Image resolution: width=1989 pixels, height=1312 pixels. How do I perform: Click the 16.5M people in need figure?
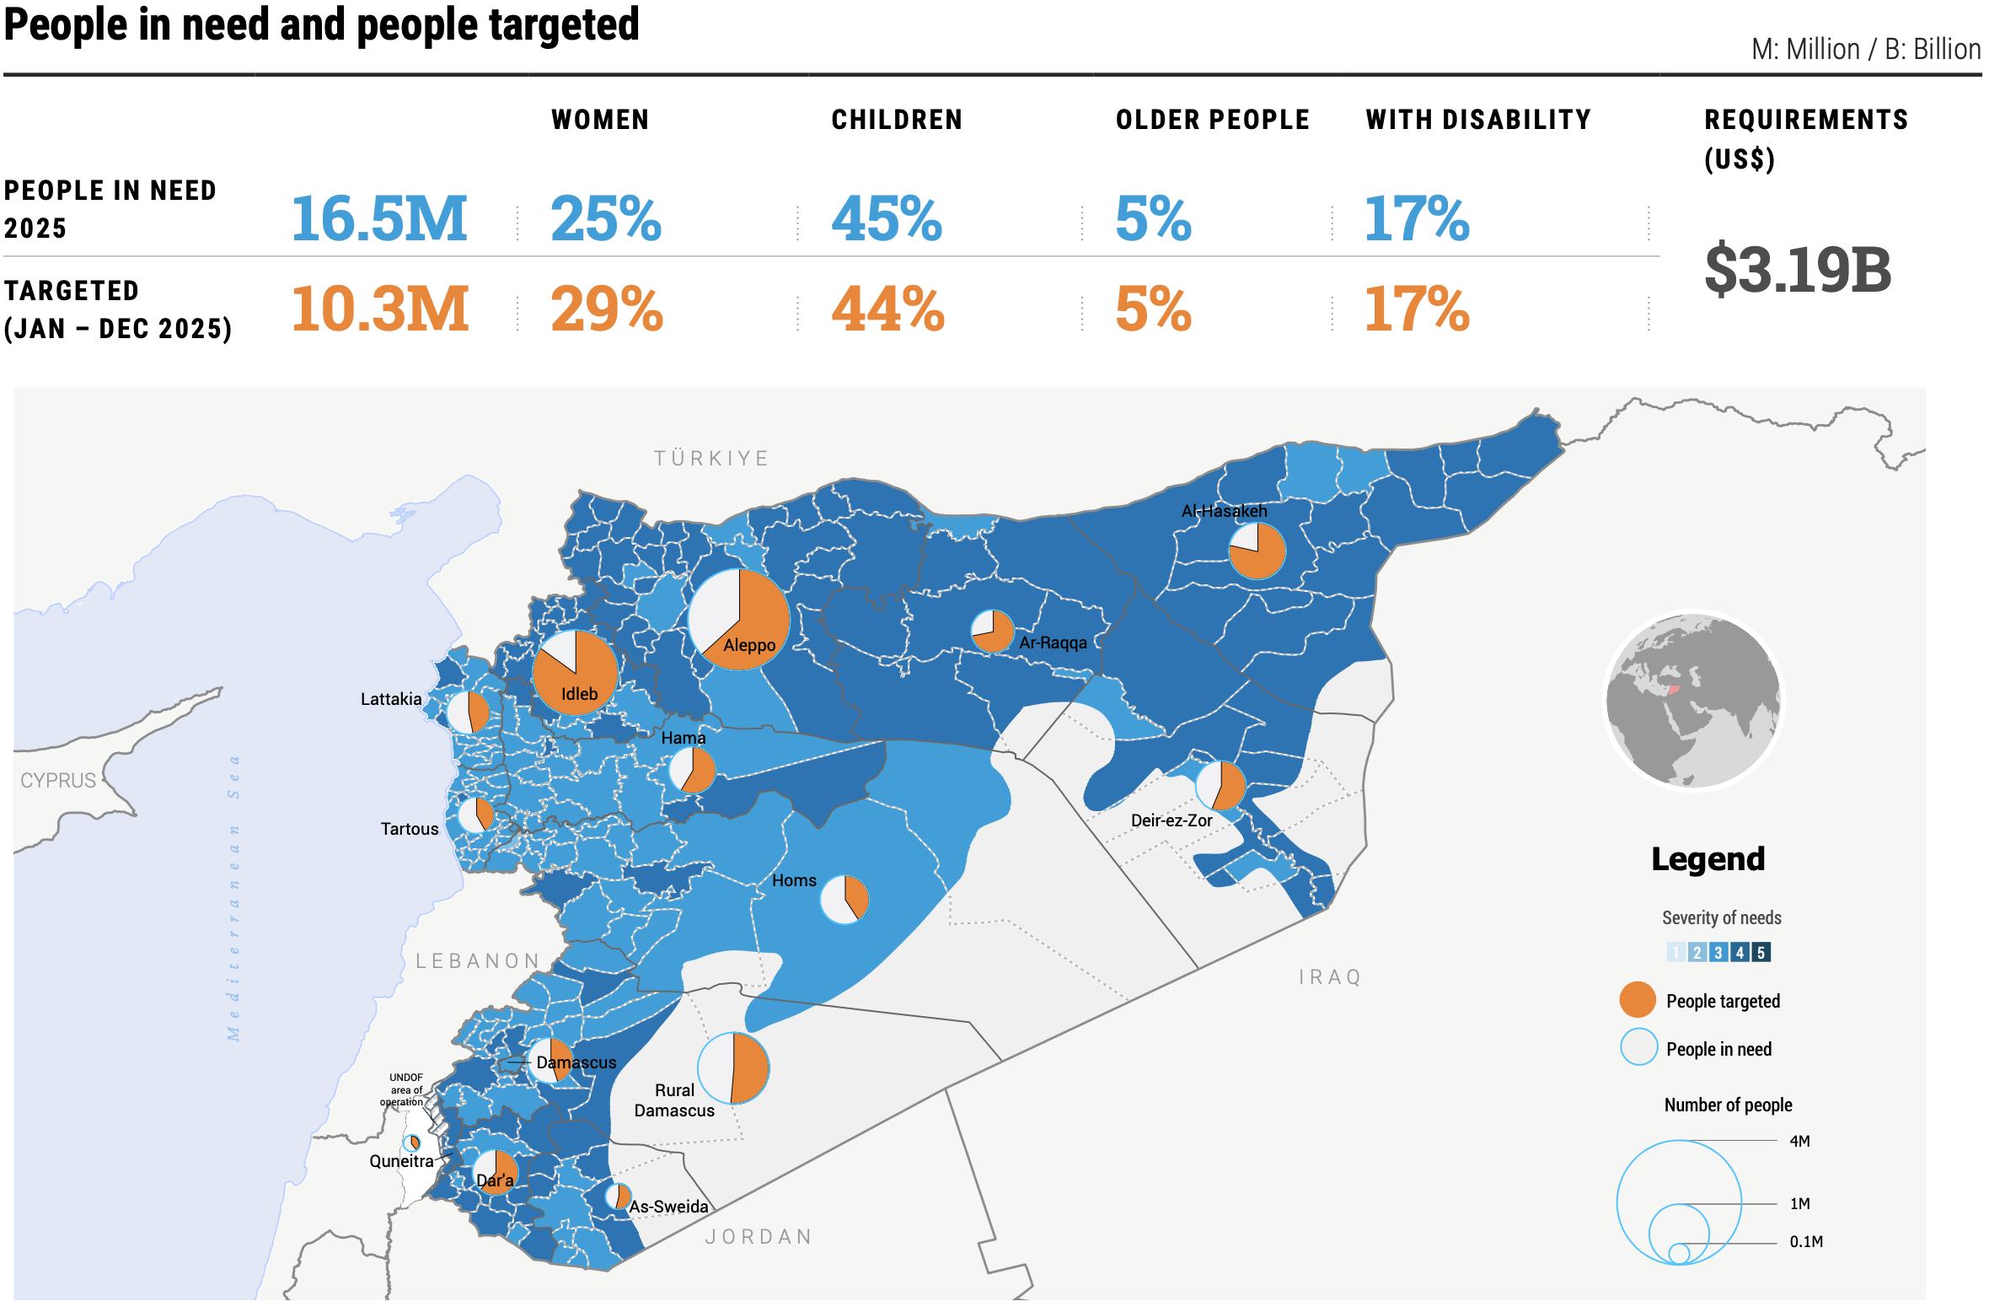(x=378, y=219)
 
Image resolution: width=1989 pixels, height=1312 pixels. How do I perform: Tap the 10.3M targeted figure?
(x=379, y=309)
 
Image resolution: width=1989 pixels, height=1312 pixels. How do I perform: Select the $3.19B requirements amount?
(x=1797, y=270)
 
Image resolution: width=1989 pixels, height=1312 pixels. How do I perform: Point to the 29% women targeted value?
(x=606, y=309)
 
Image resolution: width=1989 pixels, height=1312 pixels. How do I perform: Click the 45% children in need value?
(x=886, y=219)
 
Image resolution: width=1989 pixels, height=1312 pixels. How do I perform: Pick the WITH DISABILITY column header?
(x=1478, y=120)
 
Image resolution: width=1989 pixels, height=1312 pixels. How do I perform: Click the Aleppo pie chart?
(x=739, y=620)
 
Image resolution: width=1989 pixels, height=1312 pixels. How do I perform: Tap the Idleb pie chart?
(x=575, y=672)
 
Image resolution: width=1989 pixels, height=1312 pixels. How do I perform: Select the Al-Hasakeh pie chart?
(x=1257, y=551)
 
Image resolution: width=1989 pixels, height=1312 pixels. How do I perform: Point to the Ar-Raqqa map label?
(x=1053, y=643)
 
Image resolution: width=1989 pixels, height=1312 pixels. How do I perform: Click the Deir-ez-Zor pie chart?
(x=1220, y=786)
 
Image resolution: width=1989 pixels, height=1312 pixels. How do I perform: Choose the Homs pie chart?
(x=844, y=900)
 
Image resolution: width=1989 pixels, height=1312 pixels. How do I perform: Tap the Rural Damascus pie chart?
(x=733, y=1067)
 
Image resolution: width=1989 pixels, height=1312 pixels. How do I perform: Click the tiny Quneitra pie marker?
(x=412, y=1143)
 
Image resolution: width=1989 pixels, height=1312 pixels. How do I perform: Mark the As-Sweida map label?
(x=669, y=1207)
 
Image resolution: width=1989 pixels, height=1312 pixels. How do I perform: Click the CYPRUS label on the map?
(x=58, y=780)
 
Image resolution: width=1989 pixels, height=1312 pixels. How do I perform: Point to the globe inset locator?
(x=1693, y=701)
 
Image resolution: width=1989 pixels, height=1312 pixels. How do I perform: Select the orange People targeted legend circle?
(x=1638, y=1001)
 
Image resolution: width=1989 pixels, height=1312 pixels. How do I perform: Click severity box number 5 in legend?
(x=1761, y=953)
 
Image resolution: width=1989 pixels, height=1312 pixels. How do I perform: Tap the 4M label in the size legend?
(x=1799, y=1142)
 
